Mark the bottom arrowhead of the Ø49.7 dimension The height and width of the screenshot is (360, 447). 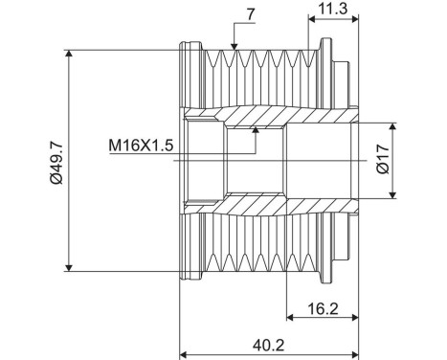click(69, 267)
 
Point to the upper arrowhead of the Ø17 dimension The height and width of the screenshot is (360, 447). click(393, 126)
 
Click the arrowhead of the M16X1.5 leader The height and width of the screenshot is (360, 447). click(255, 128)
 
